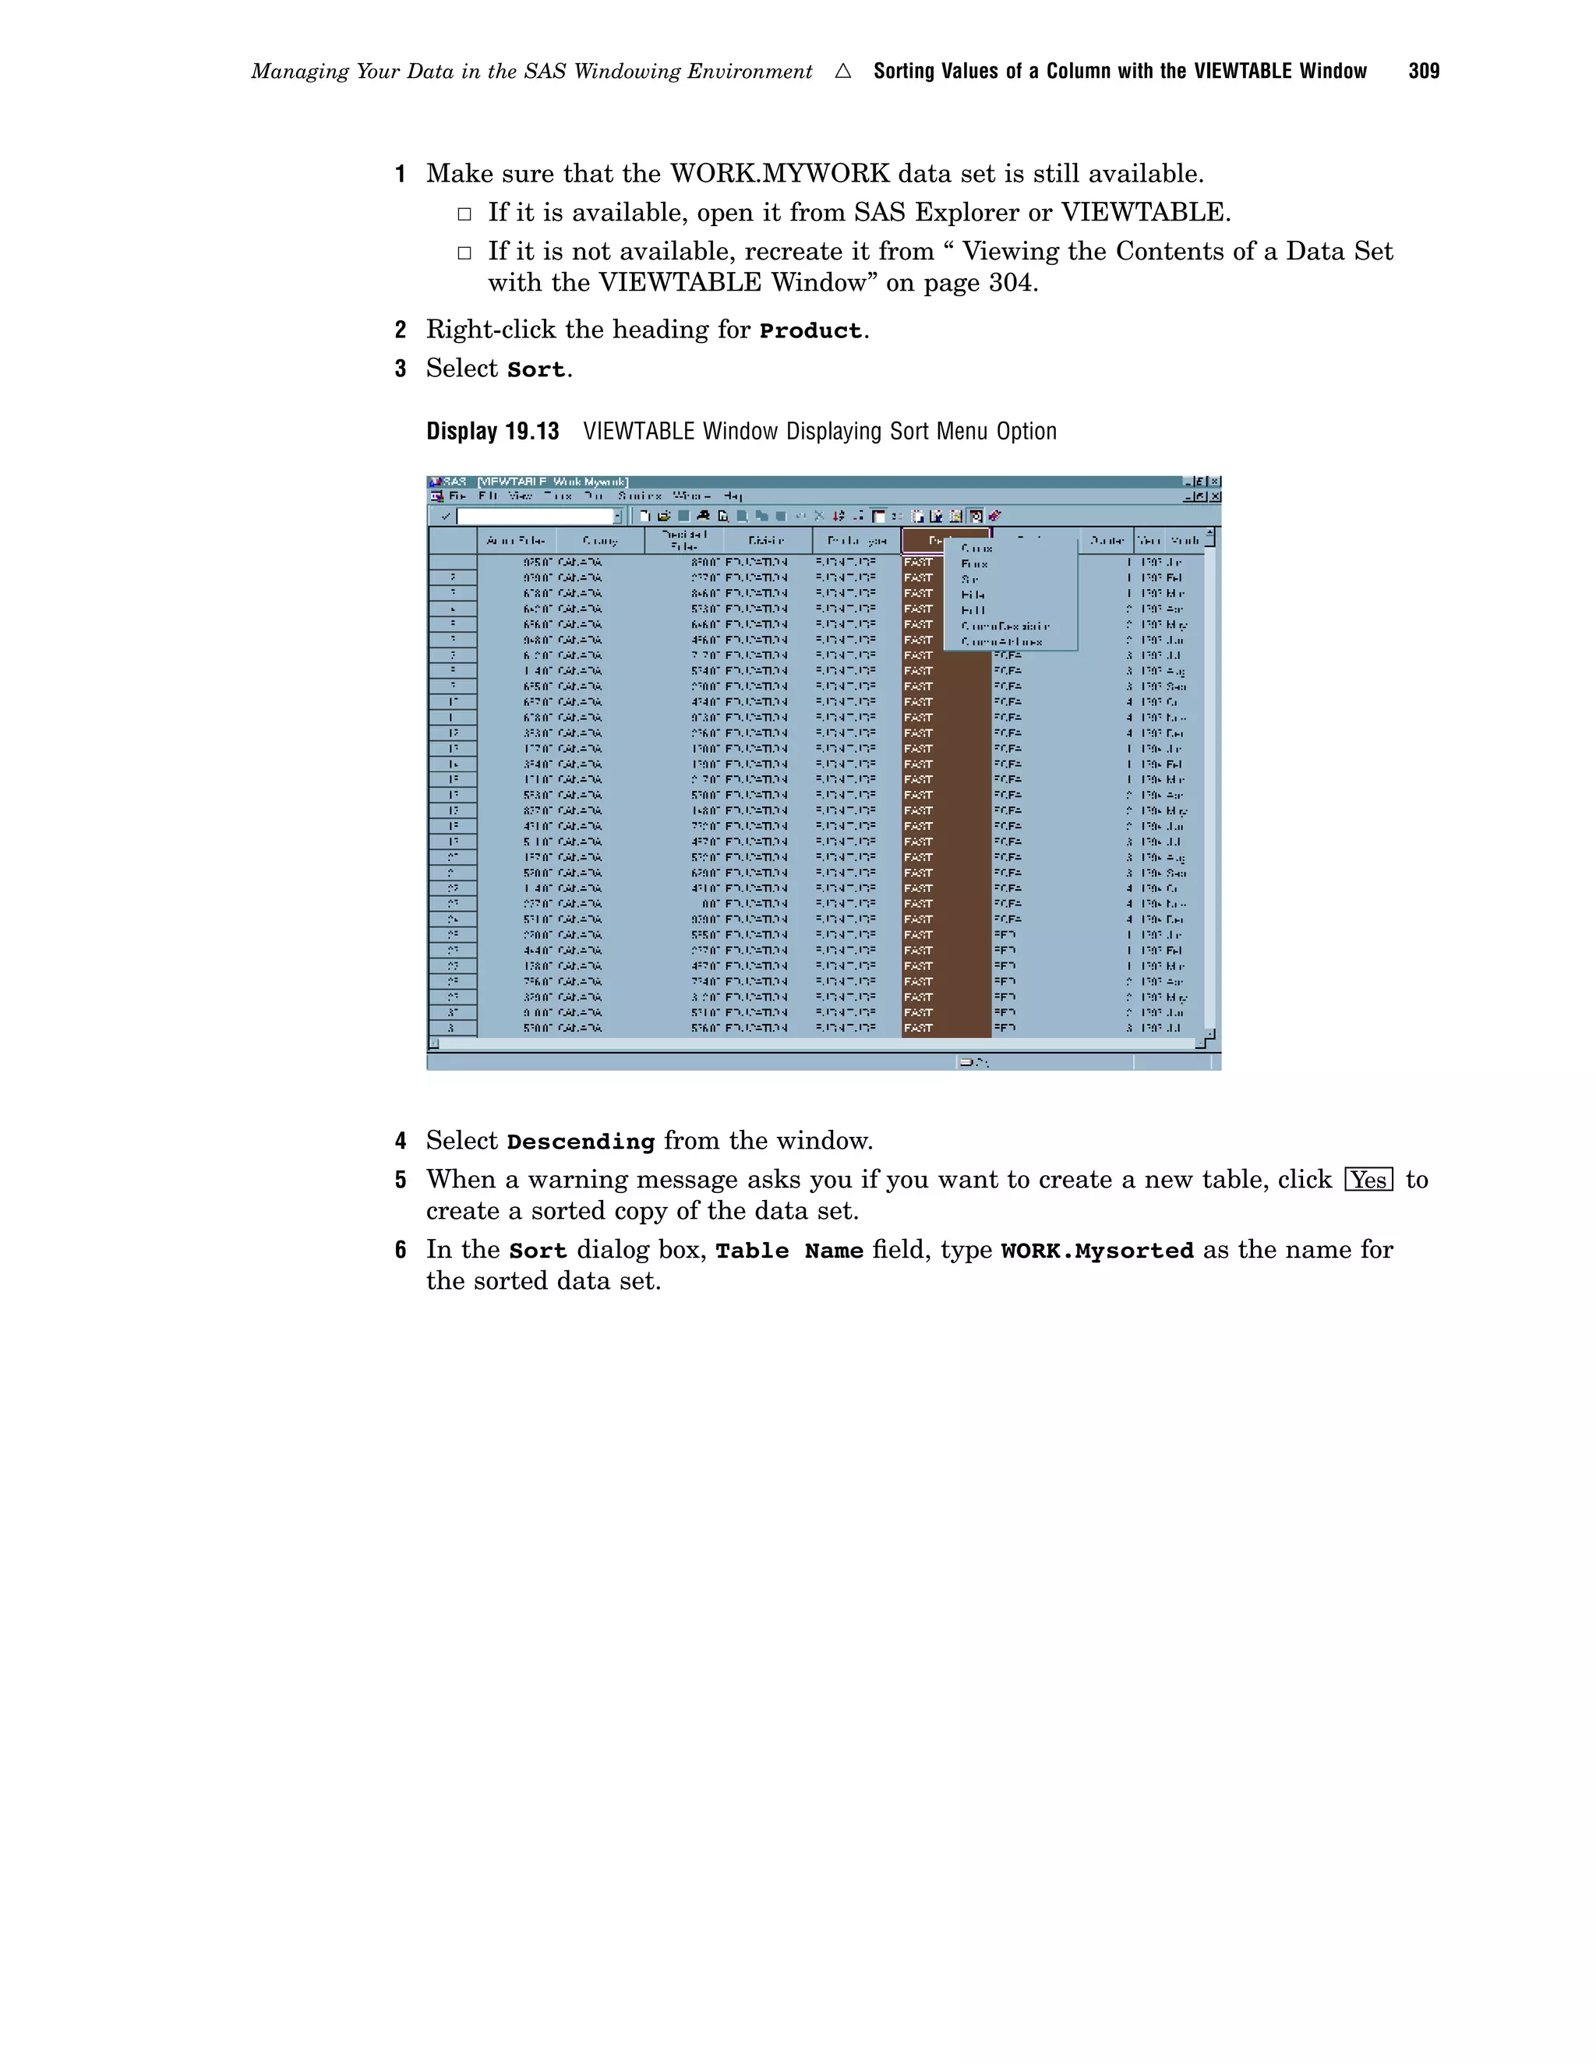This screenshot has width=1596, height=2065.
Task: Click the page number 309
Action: (x=1423, y=71)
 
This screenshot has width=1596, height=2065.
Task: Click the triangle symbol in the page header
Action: (x=842, y=71)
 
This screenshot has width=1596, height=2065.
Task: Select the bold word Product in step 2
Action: (x=810, y=331)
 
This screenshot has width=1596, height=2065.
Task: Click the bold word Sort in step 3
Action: (x=535, y=369)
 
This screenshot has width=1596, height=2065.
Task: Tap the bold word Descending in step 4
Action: (x=581, y=1142)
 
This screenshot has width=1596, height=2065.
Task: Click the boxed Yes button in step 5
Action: (x=1368, y=1180)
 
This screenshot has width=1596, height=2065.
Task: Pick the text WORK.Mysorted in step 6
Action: (x=1096, y=1251)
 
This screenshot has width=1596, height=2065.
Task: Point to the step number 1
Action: (x=400, y=174)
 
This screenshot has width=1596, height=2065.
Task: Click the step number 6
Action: (x=400, y=1250)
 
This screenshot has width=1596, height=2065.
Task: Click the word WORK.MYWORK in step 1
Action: (x=779, y=174)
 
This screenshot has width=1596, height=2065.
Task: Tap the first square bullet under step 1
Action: (x=464, y=214)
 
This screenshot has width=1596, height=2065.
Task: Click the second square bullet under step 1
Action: (x=464, y=252)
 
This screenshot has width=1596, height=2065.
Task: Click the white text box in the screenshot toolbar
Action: (x=536, y=516)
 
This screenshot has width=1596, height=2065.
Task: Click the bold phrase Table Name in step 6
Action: (x=789, y=1251)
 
